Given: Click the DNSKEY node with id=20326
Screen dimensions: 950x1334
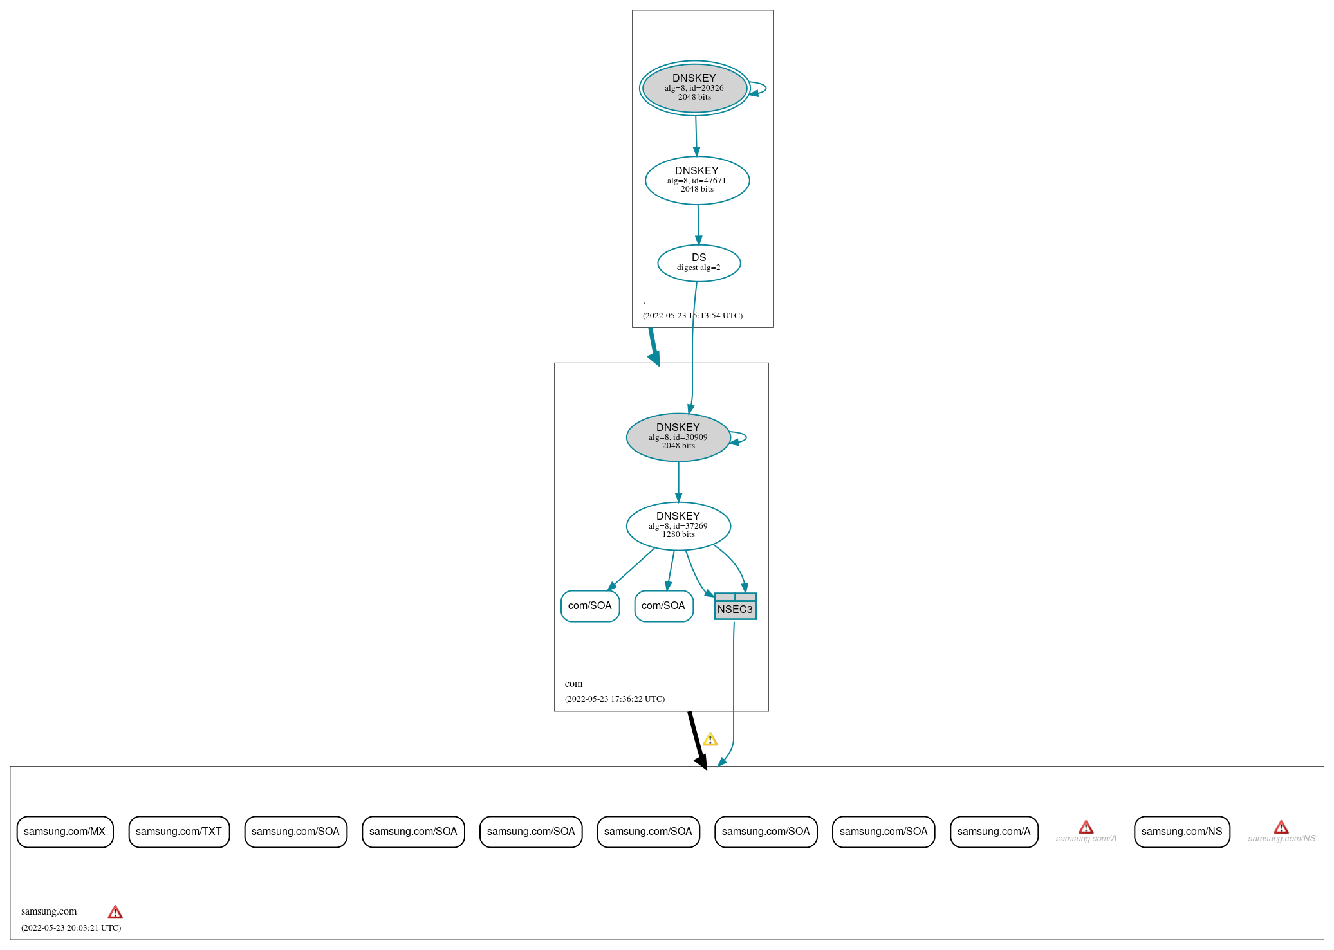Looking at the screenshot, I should point(694,88).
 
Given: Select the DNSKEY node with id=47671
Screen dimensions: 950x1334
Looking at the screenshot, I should point(697,181).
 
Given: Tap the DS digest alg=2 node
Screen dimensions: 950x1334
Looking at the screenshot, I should point(699,263).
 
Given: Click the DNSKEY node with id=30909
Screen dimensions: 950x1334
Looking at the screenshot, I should point(678,437).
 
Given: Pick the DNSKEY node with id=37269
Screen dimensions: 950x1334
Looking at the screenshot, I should point(678,526).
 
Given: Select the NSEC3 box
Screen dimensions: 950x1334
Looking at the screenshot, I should point(735,607).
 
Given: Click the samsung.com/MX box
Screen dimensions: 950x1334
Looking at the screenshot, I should point(65,832).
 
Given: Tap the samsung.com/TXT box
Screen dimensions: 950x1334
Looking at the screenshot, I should point(179,832).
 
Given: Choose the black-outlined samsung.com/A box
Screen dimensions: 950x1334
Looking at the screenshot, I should point(994,832).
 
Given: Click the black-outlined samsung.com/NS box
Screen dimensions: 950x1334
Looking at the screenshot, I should point(1181,832).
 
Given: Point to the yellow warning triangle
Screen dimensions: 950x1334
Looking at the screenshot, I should point(710,740).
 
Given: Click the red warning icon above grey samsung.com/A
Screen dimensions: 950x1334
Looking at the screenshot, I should point(1086,827).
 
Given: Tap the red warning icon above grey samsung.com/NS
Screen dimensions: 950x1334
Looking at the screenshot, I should point(1281,827).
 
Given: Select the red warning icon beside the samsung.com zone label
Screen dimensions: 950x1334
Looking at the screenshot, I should point(115,912).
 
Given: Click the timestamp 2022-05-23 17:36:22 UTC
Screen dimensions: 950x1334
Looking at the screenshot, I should point(615,699).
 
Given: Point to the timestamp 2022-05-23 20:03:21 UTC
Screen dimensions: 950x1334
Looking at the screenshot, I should point(71,927).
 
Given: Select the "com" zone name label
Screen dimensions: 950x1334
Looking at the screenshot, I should point(573,684).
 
